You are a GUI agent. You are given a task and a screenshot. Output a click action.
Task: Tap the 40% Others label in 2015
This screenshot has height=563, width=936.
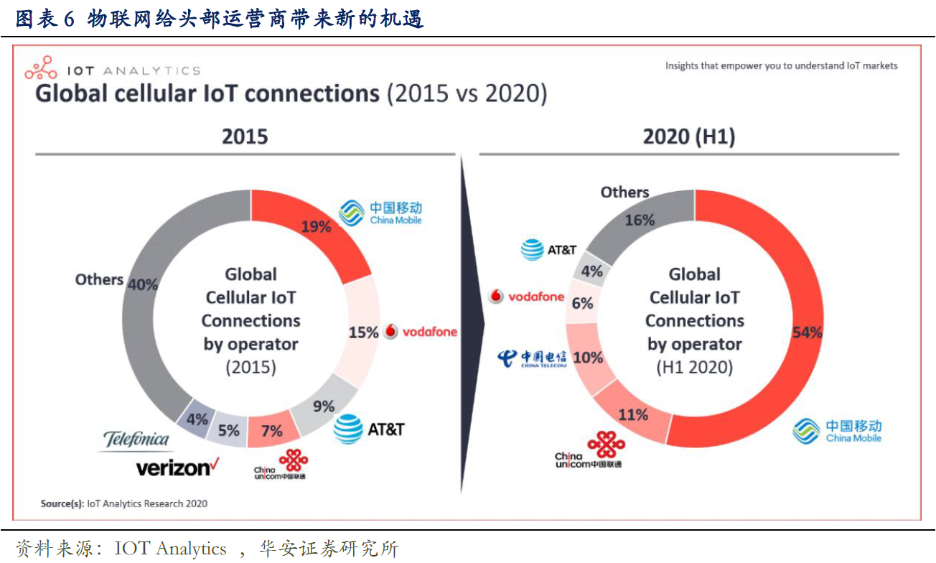coord(142,284)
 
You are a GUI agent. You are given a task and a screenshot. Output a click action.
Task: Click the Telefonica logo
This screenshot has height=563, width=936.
coord(136,439)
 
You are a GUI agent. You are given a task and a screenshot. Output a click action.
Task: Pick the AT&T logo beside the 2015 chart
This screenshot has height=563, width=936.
coord(369,429)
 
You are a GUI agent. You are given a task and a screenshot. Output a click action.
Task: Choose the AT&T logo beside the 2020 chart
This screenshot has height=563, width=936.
coord(549,250)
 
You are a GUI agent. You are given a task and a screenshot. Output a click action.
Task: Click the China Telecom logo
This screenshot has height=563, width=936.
coord(533,358)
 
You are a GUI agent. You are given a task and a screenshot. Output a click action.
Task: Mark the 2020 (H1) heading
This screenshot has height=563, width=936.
coord(689,136)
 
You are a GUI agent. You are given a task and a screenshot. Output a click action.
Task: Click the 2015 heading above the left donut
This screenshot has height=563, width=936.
coord(245,136)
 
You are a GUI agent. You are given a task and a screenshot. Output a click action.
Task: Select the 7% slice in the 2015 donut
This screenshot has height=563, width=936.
coord(271,431)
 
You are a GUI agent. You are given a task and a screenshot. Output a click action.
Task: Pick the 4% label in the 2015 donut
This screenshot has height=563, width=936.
coord(197,419)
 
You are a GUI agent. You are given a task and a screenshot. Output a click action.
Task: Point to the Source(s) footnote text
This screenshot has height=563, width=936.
coord(123,503)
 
